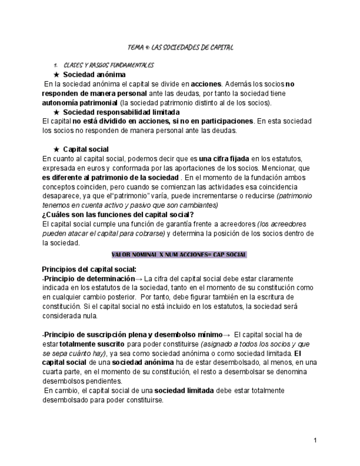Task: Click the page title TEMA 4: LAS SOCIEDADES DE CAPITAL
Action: (180, 48)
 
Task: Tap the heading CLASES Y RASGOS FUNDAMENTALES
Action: (108, 65)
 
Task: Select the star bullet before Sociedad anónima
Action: (56, 74)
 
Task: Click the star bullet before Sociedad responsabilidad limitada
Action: (56, 112)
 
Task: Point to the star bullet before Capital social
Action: (56, 149)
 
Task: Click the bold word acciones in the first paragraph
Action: (206, 84)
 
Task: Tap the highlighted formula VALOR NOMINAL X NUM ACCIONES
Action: (179, 255)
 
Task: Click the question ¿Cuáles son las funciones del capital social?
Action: (118, 214)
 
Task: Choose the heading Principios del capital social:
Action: (89, 269)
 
